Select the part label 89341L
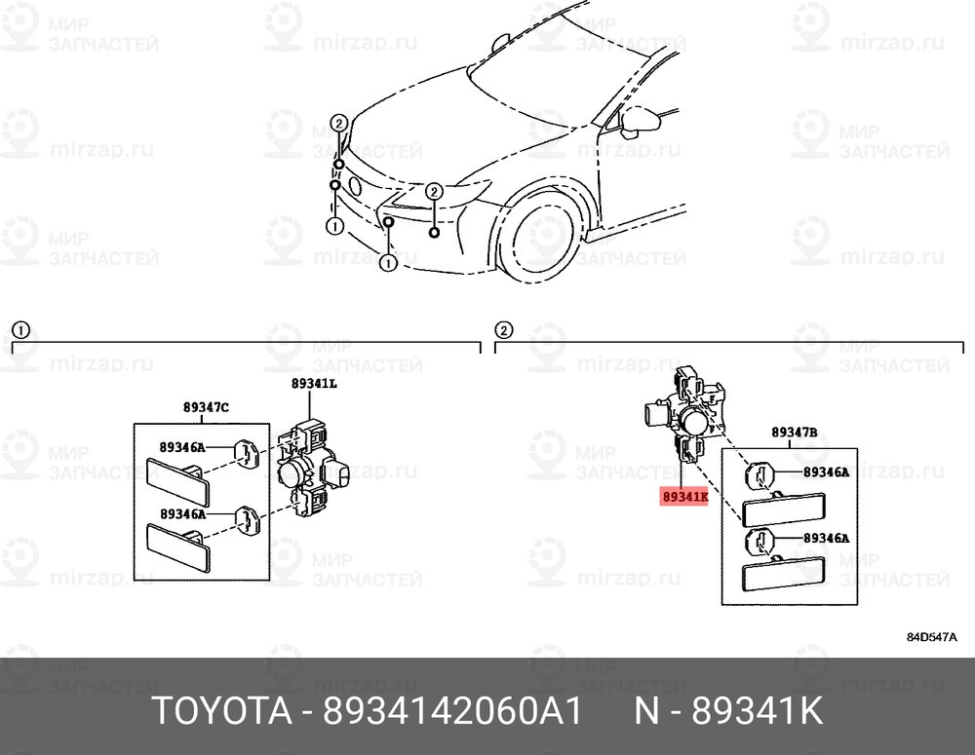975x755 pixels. coord(314,384)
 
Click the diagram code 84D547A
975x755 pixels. coord(931,638)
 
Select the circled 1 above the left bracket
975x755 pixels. coord(19,329)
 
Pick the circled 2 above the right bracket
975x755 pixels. coord(503,329)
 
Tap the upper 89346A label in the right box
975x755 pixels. coord(825,472)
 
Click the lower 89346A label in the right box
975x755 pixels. coord(825,537)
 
